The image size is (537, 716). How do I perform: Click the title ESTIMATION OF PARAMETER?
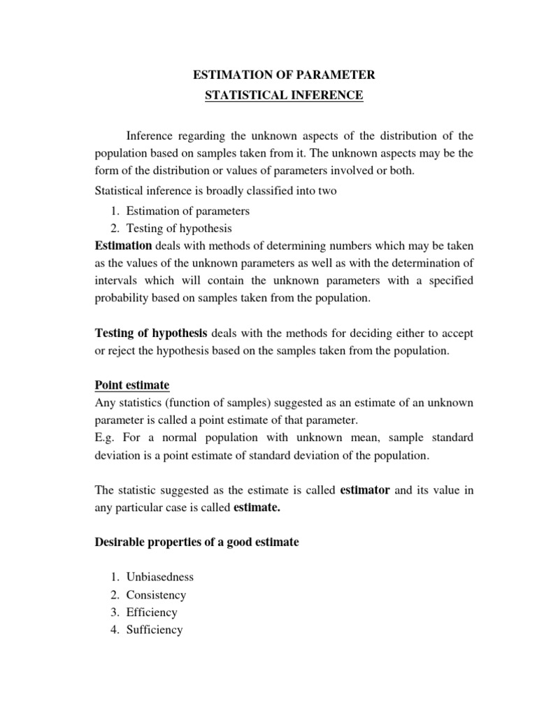click(284, 75)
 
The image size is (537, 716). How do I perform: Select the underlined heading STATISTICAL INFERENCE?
click(284, 96)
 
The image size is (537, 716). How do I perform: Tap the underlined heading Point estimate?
click(132, 385)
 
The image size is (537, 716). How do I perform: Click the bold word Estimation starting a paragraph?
click(123, 245)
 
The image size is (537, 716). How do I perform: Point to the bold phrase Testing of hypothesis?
click(151, 332)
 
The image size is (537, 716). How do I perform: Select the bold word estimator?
click(365, 490)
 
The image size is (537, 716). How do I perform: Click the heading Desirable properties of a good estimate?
click(196, 542)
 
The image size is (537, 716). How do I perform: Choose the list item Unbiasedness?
click(159, 578)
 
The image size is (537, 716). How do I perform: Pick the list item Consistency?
click(156, 595)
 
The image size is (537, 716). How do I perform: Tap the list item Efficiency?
click(152, 613)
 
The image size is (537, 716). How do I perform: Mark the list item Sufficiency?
click(155, 629)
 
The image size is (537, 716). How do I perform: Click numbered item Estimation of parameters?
click(188, 211)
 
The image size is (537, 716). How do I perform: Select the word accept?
click(456, 333)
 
